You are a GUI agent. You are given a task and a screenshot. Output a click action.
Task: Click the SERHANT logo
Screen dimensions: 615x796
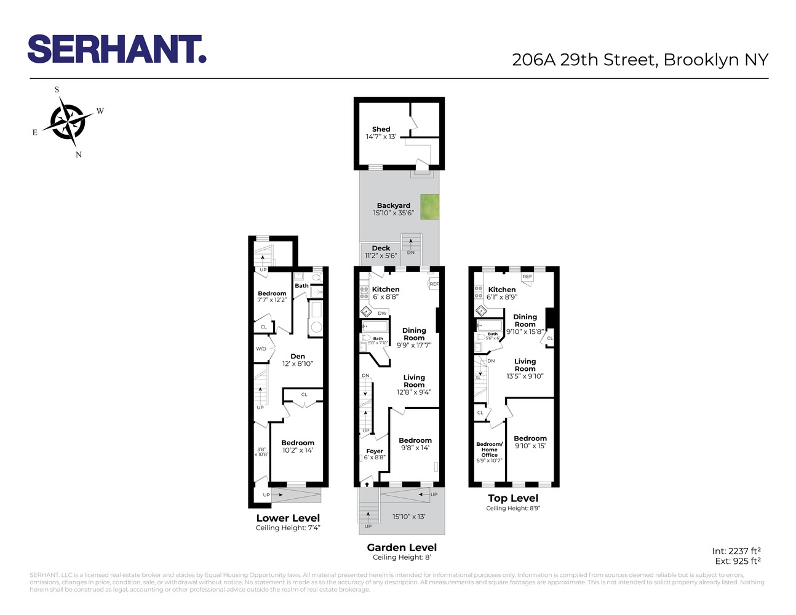pyautogui.click(x=116, y=49)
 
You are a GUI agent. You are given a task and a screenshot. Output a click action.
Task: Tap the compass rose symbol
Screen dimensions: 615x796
pyautogui.click(x=67, y=121)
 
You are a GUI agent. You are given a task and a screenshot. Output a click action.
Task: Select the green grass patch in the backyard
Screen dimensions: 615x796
pyautogui.click(x=430, y=207)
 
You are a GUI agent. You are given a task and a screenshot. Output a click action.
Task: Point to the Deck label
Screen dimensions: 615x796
pyautogui.click(x=381, y=248)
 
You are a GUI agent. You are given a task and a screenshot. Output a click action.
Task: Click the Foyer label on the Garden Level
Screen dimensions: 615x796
pyautogui.click(x=375, y=451)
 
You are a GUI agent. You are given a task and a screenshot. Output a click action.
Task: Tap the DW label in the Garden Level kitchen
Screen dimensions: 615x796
pyautogui.click(x=382, y=314)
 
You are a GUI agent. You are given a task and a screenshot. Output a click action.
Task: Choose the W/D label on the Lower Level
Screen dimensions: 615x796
pyautogui.click(x=261, y=349)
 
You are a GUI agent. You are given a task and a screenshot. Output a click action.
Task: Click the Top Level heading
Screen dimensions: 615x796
pyautogui.click(x=513, y=498)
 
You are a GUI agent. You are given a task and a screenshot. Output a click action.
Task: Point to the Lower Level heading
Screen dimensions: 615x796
pyautogui.click(x=288, y=518)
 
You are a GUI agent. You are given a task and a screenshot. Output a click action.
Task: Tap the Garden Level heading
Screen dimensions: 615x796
pyautogui.click(x=402, y=547)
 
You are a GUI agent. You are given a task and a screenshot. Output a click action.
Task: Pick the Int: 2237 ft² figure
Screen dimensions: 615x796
pyautogui.click(x=736, y=551)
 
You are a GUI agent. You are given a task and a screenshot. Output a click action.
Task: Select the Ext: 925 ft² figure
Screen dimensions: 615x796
pyautogui.click(x=738, y=561)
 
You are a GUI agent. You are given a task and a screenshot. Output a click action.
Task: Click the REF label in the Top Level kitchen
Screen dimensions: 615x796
pyautogui.click(x=527, y=277)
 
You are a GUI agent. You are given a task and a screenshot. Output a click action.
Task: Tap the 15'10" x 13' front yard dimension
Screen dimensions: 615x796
pyautogui.click(x=409, y=517)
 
